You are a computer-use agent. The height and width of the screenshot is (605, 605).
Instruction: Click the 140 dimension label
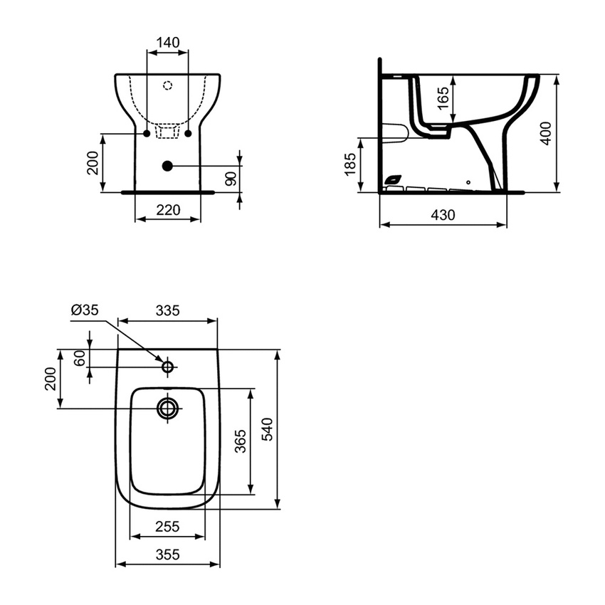click(167, 42)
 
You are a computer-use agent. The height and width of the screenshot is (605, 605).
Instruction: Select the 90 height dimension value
click(230, 179)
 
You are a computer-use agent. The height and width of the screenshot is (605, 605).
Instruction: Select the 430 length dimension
click(443, 214)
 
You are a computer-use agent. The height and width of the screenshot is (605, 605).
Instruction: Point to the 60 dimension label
click(80, 358)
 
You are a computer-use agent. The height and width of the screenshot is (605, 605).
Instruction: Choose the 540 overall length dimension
click(268, 429)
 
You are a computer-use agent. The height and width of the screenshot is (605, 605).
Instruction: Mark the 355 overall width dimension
click(167, 554)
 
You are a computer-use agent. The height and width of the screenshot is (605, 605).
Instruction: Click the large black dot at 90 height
click(167, 166)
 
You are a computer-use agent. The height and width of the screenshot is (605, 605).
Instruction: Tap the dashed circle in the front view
click(167, 86)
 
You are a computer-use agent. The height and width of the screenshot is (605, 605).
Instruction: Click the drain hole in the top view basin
click(168, 408)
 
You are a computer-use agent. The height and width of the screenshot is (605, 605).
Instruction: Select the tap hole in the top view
click(168, 367)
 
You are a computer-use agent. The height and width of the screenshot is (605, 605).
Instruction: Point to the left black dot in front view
click(146, 133)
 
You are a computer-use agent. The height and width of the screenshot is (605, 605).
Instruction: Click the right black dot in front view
click(189, 133)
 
